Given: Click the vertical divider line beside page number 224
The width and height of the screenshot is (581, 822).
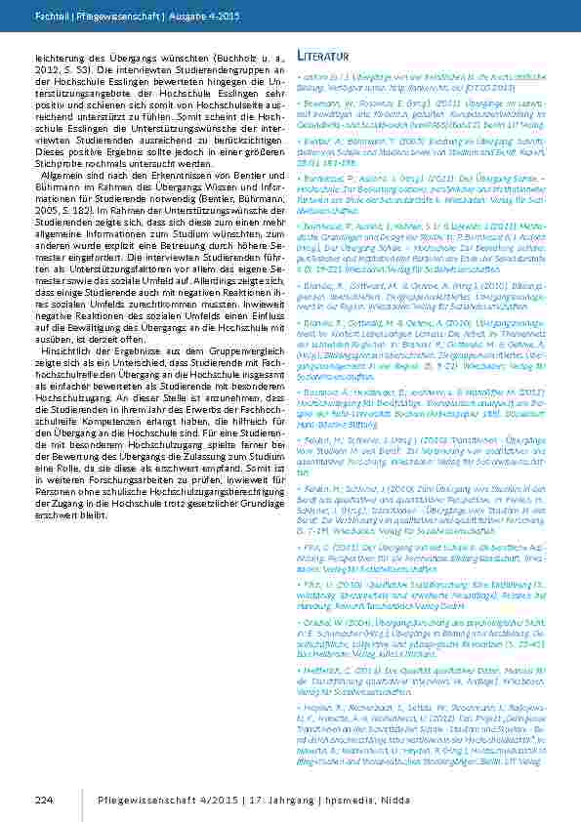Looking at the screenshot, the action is point(80,800).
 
